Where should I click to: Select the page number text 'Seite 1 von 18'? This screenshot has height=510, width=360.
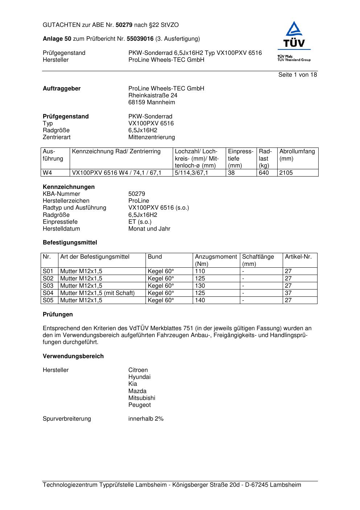click(298, 75)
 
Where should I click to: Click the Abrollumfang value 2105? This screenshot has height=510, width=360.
click(286, 173)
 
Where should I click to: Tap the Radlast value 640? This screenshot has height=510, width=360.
click(264, 173)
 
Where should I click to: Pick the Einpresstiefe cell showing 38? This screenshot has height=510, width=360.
click(231, 173)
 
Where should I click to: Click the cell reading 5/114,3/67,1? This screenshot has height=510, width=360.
click(192, 173)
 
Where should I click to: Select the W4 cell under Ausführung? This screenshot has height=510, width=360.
click(48, 173)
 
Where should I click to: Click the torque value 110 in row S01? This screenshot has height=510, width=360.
click(200, 271)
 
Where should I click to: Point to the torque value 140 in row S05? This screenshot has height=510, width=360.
click(200, 300)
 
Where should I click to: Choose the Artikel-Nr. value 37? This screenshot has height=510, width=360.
click(288, 293)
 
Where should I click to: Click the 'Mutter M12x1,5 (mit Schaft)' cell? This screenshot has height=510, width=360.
click(97, 293)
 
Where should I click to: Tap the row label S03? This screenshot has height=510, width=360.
click(48, 286)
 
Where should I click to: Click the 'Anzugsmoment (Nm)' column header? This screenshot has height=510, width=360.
click(216, 260)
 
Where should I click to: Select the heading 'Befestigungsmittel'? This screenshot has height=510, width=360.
click(70, 243)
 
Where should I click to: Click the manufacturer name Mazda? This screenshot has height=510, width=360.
click(137, 391)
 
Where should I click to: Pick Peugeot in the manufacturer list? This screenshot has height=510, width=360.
click(139, 405)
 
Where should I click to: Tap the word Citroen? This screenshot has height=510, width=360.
click(138, 370)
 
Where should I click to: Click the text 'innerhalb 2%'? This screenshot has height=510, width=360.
click(146, 419)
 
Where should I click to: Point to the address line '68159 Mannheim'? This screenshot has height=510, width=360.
click(151, 102)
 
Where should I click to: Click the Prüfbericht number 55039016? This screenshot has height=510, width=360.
click(140, 39)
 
